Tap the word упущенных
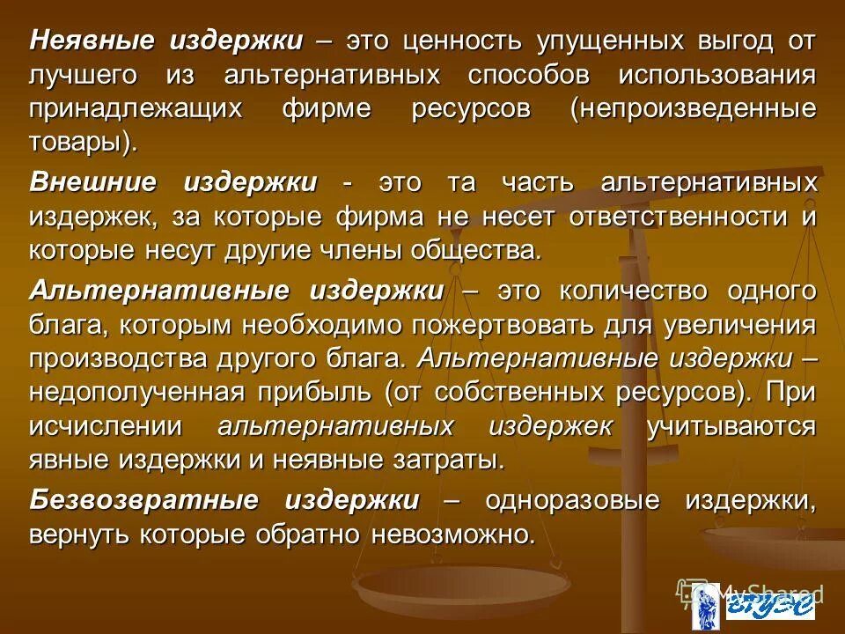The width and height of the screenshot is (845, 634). click(602, 41)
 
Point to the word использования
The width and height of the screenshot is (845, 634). click(716, 75)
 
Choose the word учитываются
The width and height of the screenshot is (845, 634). click(731, 426)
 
